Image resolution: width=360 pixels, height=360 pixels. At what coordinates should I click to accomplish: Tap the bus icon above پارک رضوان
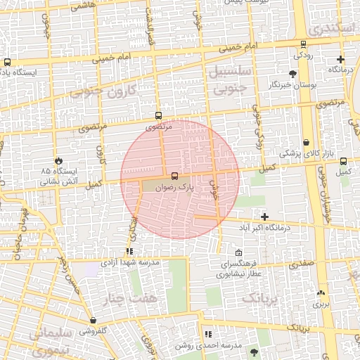174,176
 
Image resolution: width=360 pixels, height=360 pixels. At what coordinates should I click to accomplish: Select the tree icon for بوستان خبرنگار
292,74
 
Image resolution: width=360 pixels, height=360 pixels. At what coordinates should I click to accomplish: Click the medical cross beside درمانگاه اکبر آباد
264,217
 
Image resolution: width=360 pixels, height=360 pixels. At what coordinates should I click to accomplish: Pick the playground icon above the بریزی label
321,293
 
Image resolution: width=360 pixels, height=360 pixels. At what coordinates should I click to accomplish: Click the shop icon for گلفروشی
93,321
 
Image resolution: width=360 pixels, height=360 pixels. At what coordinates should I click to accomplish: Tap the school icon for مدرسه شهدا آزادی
129,251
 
